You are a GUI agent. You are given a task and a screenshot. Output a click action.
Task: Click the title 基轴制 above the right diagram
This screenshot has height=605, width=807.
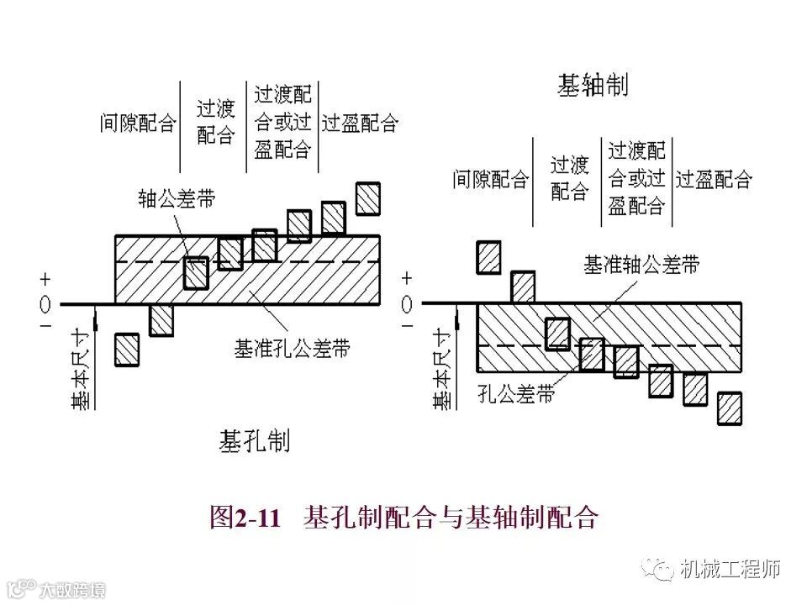coord(593,86)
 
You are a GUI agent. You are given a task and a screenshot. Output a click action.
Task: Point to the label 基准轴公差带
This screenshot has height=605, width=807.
coord(641,265)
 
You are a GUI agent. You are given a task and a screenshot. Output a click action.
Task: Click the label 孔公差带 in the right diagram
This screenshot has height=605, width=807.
coord(515,393)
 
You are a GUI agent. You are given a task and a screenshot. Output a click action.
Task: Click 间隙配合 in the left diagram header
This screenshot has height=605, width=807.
coord(138,124)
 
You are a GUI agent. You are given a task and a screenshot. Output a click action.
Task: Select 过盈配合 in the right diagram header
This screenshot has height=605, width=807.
coord(714,179)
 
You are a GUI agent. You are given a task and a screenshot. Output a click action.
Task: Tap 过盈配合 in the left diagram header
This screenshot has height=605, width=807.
coord(360,124)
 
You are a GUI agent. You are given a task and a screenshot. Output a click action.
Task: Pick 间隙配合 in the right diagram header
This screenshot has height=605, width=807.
coord(491,179)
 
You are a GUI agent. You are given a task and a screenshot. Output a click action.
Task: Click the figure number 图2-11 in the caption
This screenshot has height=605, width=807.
coord(244,517)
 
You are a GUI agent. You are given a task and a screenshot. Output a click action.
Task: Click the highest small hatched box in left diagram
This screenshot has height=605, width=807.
coord(367,198)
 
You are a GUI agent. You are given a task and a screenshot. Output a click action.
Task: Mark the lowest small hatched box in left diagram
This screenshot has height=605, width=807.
coord(127,349)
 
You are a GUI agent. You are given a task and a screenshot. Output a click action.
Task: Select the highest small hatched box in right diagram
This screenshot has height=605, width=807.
coord(488,257)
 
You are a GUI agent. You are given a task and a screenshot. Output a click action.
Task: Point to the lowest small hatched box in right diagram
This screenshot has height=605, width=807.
coord(730,408)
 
